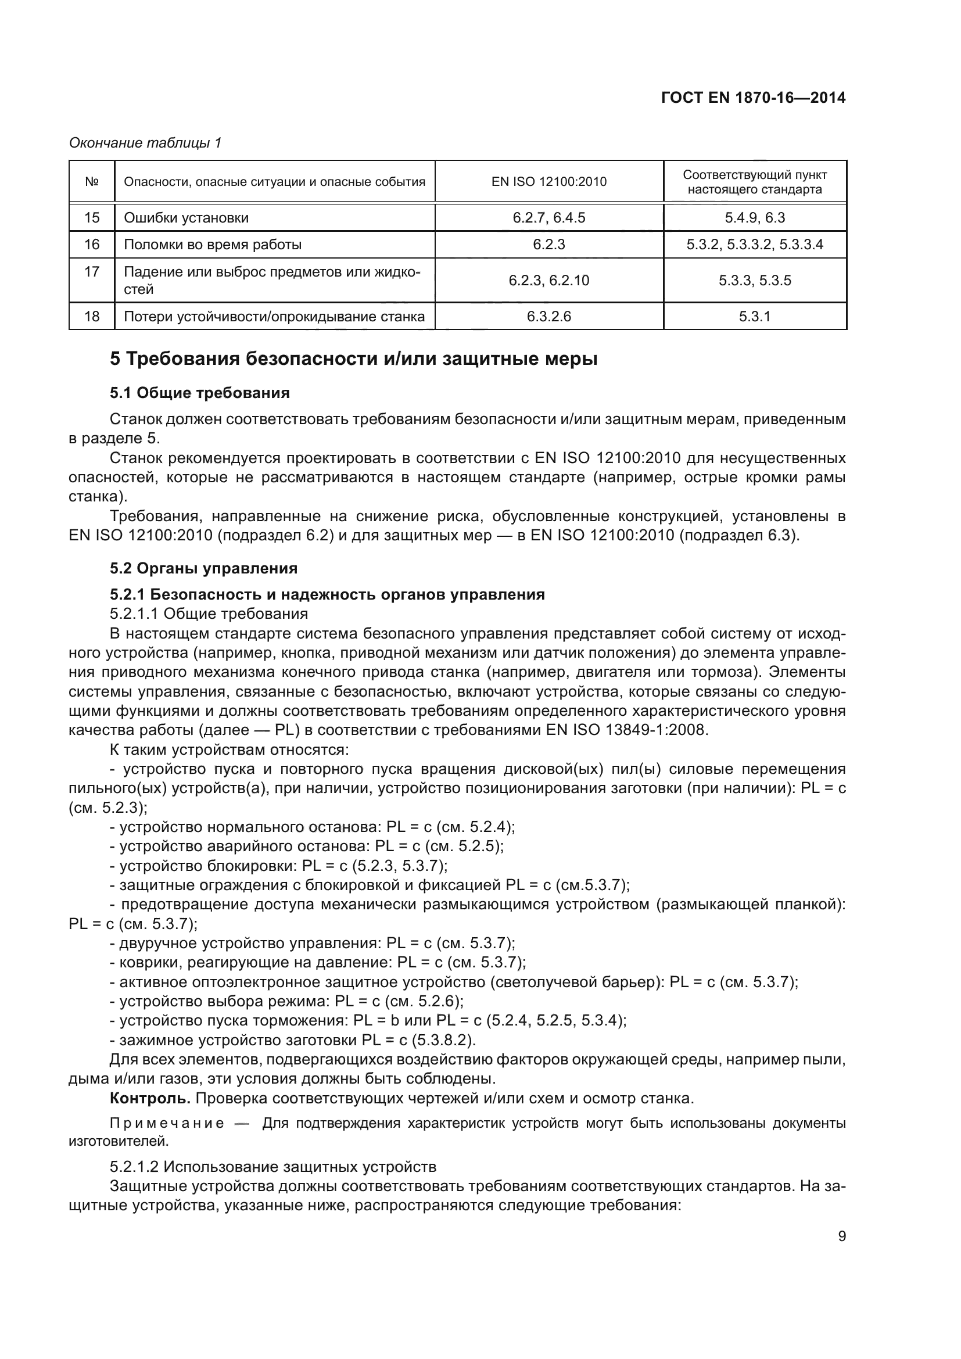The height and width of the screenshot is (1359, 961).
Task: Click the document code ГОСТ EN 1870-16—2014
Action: (752, 98)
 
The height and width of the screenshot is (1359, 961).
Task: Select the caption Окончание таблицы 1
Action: (145, 143)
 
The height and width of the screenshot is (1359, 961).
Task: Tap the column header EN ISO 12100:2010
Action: (548, 182)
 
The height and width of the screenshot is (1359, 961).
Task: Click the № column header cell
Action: (92, 182)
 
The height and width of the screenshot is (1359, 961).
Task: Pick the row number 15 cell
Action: (92, 218)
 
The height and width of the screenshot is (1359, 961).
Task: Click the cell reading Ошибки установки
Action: (186, 218)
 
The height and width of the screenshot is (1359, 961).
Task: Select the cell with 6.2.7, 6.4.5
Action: (548, 218)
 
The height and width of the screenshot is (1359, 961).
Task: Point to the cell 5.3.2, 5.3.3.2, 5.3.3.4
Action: (755, 245)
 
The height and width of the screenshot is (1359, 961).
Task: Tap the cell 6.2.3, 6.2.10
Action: (548, 281)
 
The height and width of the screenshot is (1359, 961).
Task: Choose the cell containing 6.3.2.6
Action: (548, 317)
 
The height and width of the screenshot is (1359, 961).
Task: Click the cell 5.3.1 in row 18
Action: (755, 317)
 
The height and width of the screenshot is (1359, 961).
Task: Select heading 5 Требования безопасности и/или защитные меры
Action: (353, 358)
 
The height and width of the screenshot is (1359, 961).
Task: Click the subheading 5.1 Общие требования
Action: (199, 393)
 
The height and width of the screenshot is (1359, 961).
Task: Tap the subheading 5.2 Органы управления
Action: (203, 568)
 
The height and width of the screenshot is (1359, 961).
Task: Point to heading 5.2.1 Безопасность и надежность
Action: (327, 594)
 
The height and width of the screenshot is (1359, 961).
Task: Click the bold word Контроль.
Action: (150, 1098)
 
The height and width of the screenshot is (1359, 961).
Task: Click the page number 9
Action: (842, 1236)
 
